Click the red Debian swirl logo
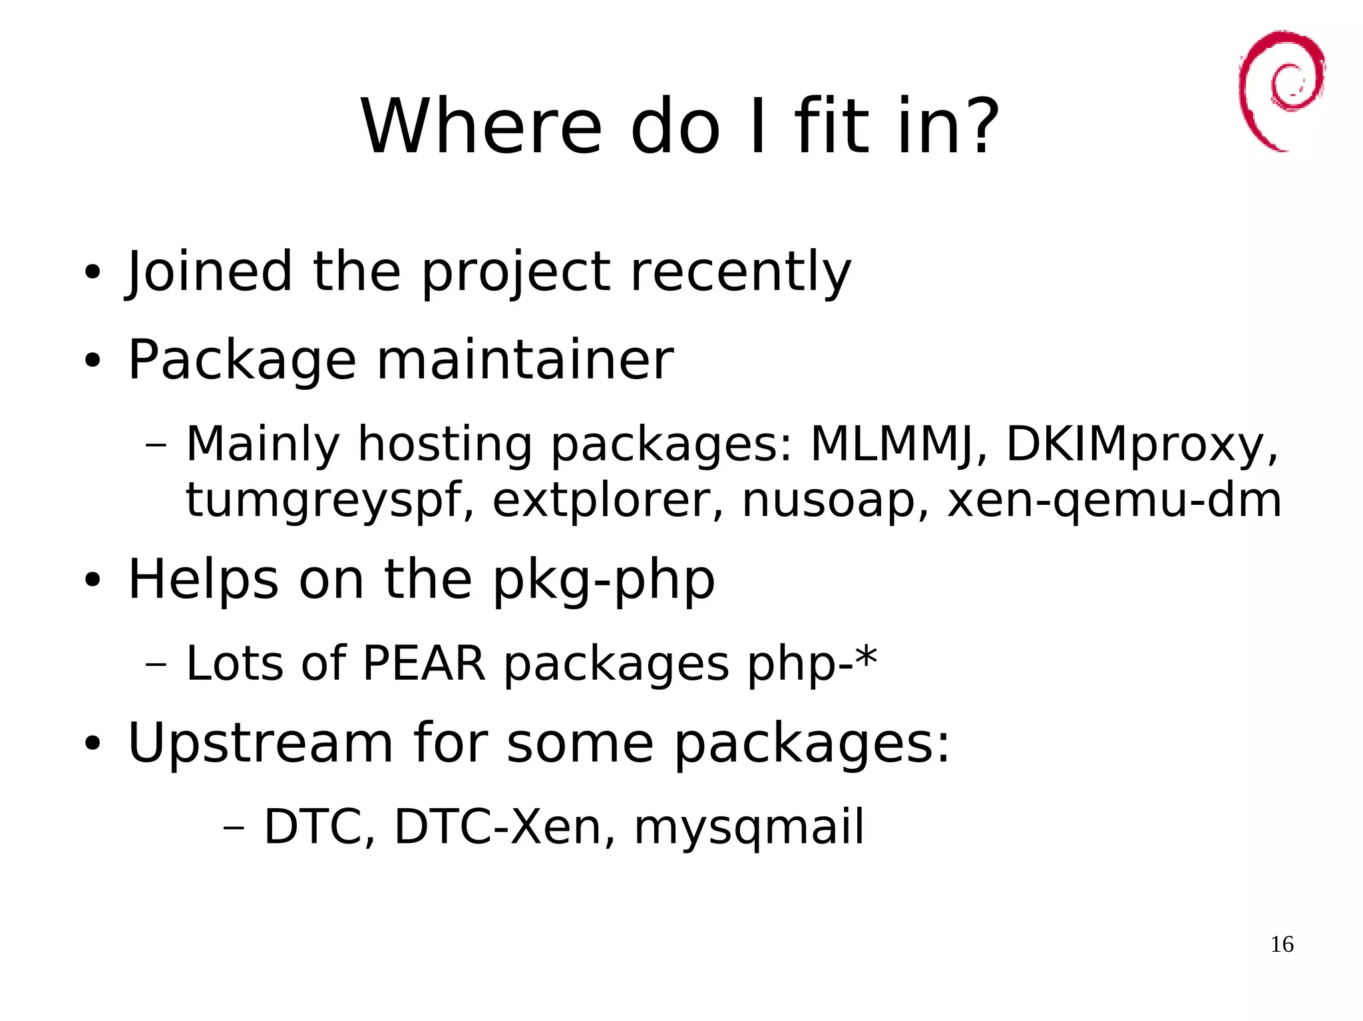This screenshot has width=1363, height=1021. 1281,90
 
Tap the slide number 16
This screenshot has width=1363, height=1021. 1282,945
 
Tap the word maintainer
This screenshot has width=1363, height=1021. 525,360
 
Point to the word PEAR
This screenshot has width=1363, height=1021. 424,663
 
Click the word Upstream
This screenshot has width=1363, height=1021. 260,743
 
